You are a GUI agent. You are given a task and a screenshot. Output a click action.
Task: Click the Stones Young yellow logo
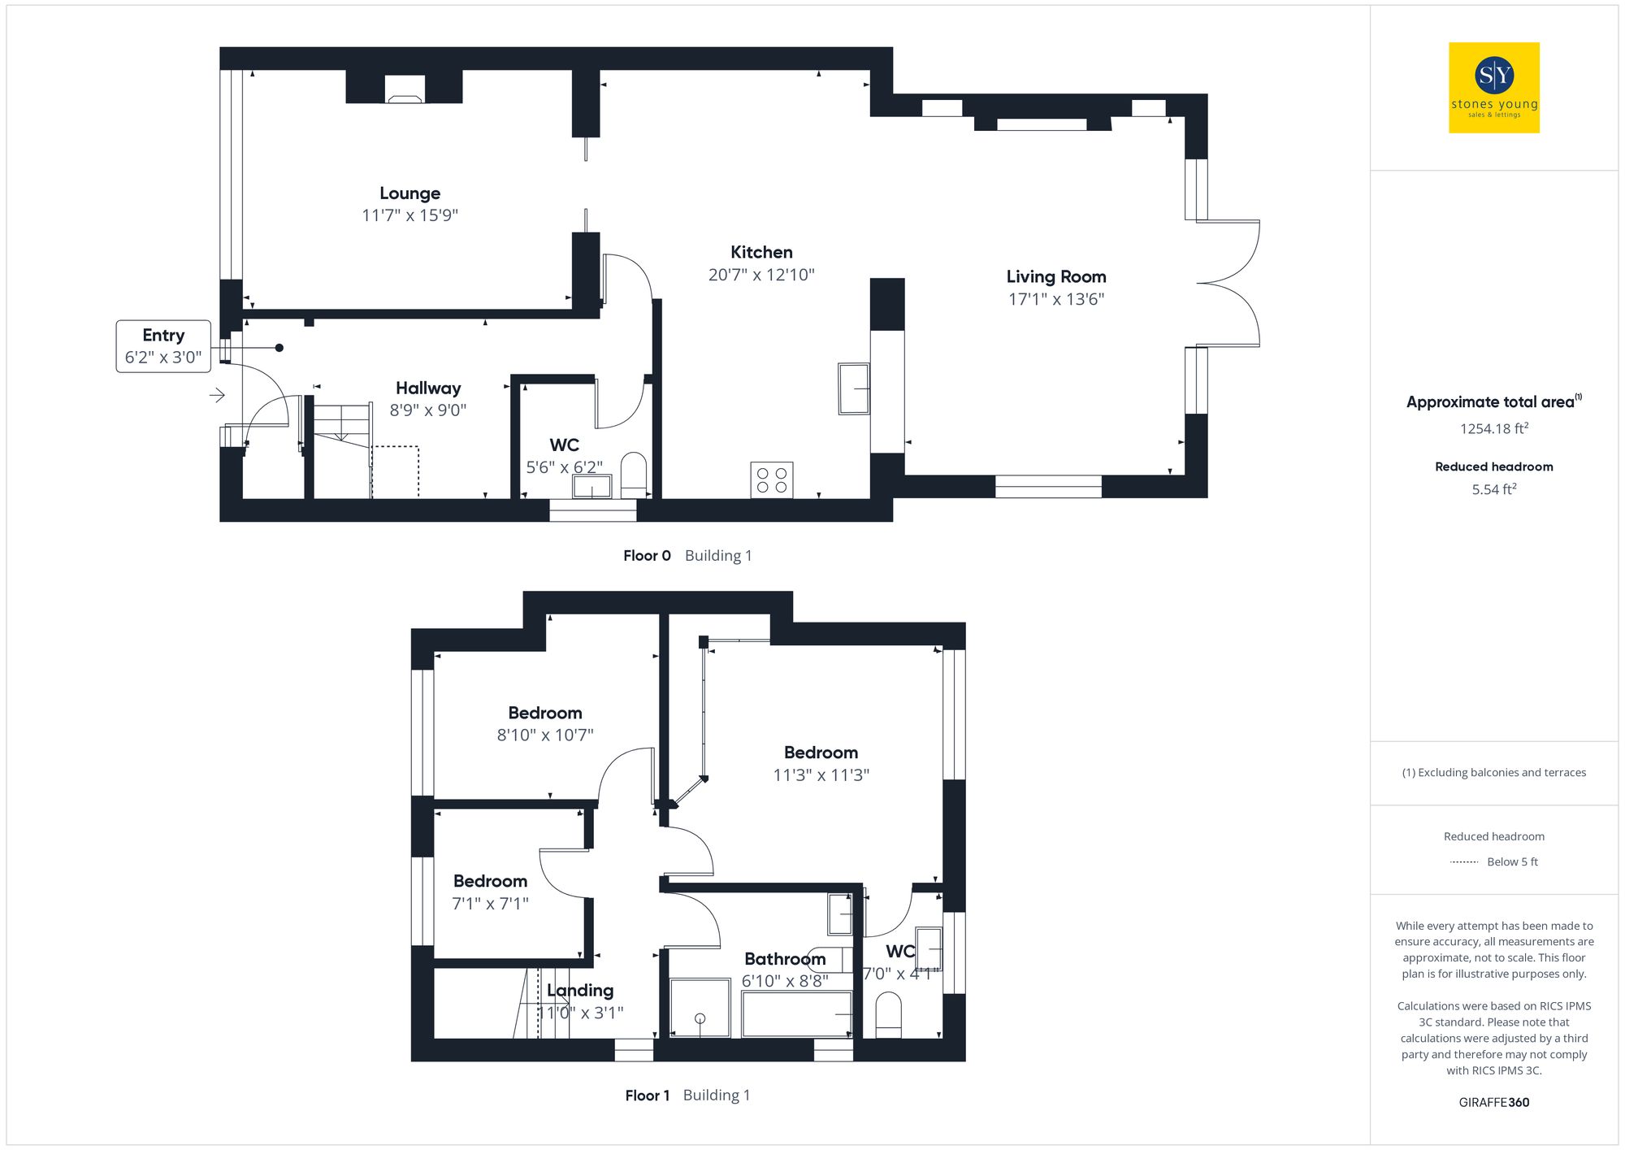coord(1493,88)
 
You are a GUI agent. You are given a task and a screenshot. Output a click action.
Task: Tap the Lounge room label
coord(409,193)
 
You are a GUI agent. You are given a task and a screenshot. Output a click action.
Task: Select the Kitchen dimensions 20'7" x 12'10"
coord(760,275)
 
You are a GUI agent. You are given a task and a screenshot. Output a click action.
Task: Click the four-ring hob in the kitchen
coord(771,480)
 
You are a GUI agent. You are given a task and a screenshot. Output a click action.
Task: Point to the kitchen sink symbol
coord(854,388)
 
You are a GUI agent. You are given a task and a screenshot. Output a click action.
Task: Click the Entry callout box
coord(163,346)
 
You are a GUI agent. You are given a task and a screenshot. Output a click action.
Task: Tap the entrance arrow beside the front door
coord(217,395)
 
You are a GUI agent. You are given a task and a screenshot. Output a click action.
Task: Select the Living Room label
coord(1055,277)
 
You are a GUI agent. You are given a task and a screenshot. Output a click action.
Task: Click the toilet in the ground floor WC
coord(633,474)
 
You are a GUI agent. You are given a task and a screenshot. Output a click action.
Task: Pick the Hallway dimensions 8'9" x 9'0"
coord(427,410)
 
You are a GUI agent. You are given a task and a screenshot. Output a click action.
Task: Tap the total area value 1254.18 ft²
coord(1493,428)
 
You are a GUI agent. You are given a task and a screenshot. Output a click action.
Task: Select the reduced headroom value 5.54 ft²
coord(1493,489)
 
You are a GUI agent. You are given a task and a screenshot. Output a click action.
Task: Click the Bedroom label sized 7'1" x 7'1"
coord(490,882)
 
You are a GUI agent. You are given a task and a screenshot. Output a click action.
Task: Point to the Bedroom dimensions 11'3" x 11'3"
coord(821,775)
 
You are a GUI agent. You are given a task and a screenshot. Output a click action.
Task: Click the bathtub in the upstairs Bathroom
coord(796,1014)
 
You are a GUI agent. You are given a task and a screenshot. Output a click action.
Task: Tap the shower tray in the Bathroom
coord(700,1009)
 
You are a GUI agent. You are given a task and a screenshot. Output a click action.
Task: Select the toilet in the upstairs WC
coord(888,1017)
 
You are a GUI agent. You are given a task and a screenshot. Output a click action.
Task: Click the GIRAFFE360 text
coord(1493,1103)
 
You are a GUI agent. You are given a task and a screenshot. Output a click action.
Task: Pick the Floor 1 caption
coord(647,1096)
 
